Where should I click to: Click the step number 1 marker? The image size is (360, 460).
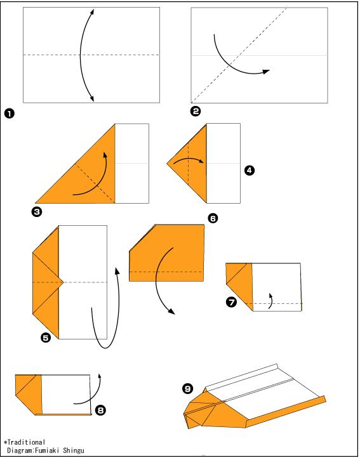10,114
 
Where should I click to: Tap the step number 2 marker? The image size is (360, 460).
196,111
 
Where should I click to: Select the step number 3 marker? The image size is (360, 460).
37,212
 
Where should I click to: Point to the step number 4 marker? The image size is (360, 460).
250,170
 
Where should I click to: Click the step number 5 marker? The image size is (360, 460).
46,338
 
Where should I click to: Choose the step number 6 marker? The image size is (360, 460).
213,218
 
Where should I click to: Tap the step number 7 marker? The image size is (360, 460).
231,302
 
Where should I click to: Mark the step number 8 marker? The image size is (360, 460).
101,410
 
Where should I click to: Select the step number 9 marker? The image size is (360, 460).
188,389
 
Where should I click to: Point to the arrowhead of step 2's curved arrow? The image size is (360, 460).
266,72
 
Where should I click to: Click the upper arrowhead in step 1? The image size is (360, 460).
92,11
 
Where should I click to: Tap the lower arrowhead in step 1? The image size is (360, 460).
91,98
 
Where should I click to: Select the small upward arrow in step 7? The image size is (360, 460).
270,301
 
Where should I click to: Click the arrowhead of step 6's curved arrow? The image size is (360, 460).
171,312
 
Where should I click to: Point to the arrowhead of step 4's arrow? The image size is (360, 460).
201,161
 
